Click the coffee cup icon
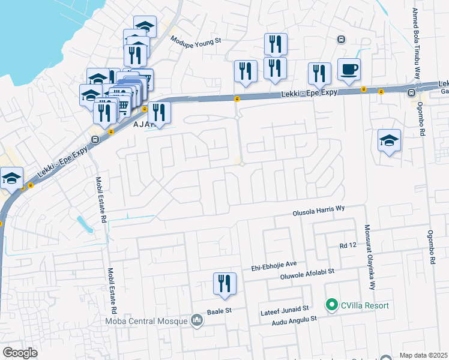(349, 70)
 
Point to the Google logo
(20, 353)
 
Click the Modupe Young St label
(196, 41)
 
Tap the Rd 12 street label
(348, 246)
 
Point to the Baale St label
(219, 311)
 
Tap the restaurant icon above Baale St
(224, 284)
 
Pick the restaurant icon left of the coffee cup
(319, 73)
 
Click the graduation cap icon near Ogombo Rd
(389, 140)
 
